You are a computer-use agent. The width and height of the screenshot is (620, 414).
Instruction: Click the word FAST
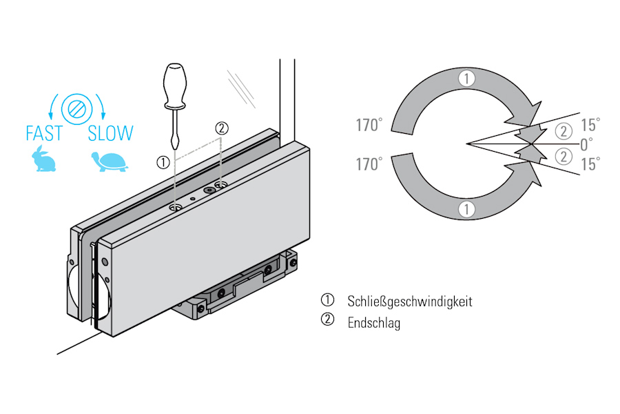(44, 132)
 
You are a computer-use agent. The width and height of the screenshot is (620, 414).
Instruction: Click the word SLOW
(110, 132)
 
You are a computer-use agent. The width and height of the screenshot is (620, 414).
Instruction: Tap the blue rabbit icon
(43, 160)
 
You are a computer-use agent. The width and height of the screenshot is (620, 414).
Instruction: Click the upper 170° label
(369, 126)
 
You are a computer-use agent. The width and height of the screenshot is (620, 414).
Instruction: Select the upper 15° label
(590, 125)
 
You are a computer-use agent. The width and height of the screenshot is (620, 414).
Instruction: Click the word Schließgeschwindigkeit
(410, 302)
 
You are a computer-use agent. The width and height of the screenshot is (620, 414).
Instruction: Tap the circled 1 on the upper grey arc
(467, 79)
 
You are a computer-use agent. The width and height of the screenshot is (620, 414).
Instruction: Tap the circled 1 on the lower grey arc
(467, 208)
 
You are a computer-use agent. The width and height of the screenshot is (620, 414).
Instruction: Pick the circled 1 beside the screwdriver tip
(163, 162)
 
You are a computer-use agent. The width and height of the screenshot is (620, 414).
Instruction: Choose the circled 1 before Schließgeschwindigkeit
(327, 301)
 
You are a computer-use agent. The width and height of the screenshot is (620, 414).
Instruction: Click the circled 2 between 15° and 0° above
(564, 132)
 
